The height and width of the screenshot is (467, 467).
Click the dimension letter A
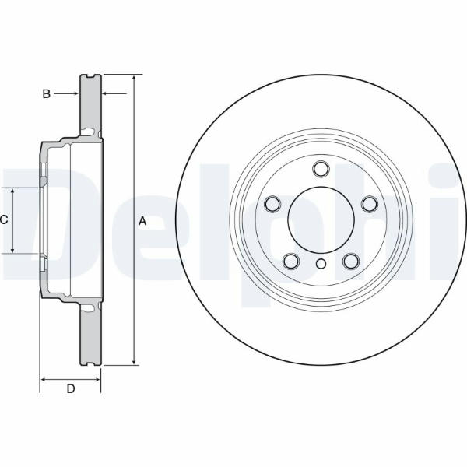[142, 221]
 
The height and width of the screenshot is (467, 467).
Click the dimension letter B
[47, 94]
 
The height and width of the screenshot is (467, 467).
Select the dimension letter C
[4, 219]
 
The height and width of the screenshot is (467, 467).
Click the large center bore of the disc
[321, 219]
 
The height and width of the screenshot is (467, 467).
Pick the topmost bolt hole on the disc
[321, 169]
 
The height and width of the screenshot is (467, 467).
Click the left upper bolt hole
[272, 204]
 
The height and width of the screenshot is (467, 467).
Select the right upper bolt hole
[369, 204]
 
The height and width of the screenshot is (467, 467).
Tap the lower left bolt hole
[291, 261]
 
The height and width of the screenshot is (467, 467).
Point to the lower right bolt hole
[350, 261]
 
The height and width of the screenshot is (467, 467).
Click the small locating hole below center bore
[321, 264]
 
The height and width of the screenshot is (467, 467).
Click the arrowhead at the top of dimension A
[135, 78]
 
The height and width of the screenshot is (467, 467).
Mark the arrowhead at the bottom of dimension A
[135, 361]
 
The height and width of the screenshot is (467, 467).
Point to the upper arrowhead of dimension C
[12, 191]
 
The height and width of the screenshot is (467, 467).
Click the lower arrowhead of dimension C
[12, 250]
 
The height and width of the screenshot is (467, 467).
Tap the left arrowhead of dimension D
[44, 380]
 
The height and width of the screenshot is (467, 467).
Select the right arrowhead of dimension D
[97, 380]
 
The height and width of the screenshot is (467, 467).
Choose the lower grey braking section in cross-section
[90, 334]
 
